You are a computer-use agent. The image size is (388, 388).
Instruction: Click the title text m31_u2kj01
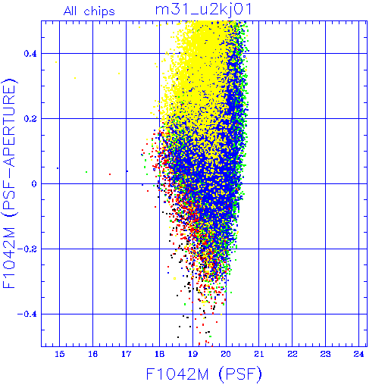(203, 10)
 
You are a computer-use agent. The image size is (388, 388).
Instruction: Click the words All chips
(89, 11)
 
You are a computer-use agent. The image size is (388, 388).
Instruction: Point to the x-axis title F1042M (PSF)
(204, 374)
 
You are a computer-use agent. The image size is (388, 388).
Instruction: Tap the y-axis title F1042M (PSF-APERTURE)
(10, 183)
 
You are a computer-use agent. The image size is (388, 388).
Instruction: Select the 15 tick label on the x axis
(60, 354)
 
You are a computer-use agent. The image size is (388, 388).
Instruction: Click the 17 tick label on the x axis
(126, 354)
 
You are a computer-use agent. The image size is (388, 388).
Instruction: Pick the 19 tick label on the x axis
(192, 354)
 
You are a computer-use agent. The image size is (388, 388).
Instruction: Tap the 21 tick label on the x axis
(259, 354)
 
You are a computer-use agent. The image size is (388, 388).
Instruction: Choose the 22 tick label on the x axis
(293, 354)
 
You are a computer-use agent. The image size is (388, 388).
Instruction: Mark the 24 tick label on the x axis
(358, 354)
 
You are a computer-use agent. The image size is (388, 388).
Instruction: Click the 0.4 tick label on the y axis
(30, 54)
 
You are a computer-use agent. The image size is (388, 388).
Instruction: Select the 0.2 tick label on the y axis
(30, 119)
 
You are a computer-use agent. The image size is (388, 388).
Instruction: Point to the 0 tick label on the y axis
(34, 184)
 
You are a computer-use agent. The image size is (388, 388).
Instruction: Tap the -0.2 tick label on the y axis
(27, 249)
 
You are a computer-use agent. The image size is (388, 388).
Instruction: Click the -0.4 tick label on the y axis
(27, 314)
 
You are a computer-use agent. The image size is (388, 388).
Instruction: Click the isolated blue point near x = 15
(58, 168)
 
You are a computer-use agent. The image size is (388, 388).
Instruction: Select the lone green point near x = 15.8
(86, 172)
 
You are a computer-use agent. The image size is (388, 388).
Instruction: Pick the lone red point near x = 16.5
(110, 174)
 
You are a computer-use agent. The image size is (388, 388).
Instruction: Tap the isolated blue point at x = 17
(127, 171)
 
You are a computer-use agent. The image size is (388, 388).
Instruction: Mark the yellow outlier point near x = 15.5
(75, 78)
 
